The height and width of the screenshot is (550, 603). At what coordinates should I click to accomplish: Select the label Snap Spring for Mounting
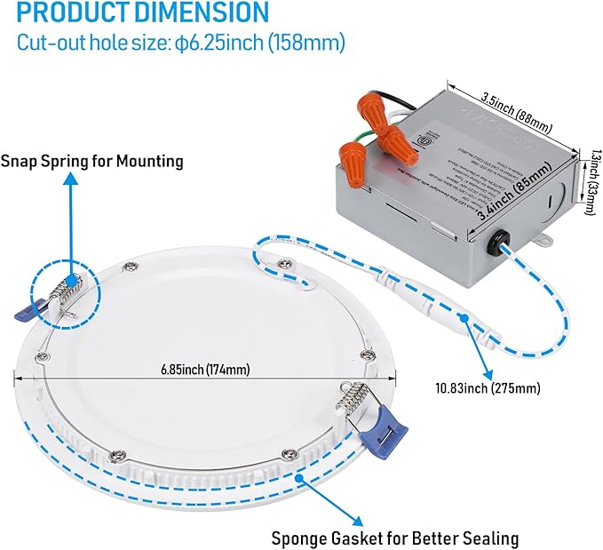(x=91, y=161)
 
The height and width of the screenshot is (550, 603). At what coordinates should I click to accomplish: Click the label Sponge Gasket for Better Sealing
(x=396, y=538)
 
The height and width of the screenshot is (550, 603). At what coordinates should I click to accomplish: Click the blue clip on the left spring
(x=30, y=307)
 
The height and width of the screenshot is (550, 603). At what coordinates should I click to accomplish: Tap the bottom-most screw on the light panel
(x=286, y=455)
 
